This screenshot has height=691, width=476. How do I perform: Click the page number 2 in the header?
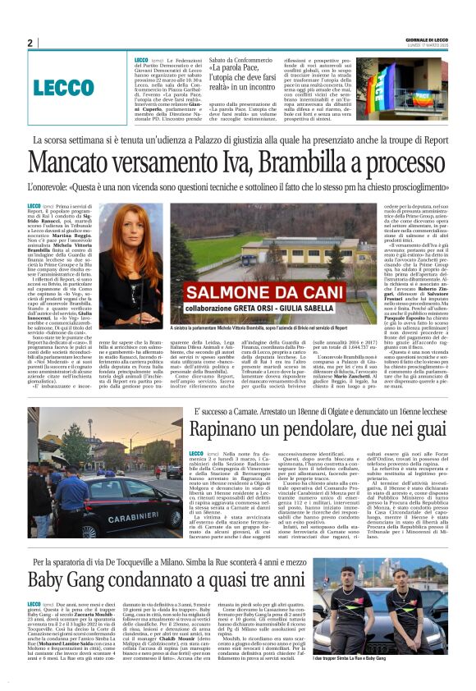click(x=29, y=43)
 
